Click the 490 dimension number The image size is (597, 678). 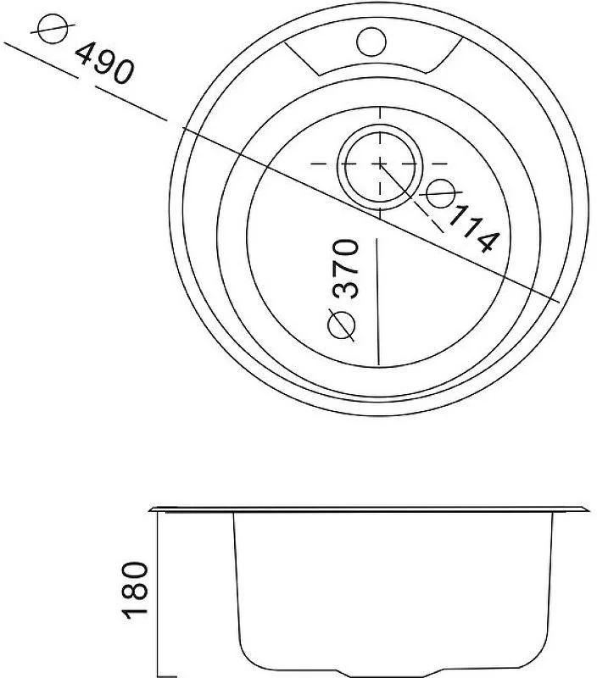(104, 63)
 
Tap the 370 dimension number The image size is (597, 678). (345, 269)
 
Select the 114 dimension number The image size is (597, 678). (474, 229)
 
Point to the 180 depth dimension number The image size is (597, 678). (136, 590)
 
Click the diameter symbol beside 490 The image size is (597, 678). (53, 28)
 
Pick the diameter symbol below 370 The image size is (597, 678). (342, 325)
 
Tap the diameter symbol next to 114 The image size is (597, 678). (440, 193)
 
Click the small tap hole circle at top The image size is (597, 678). (371, 42)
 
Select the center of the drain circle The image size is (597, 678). (380, 164)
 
